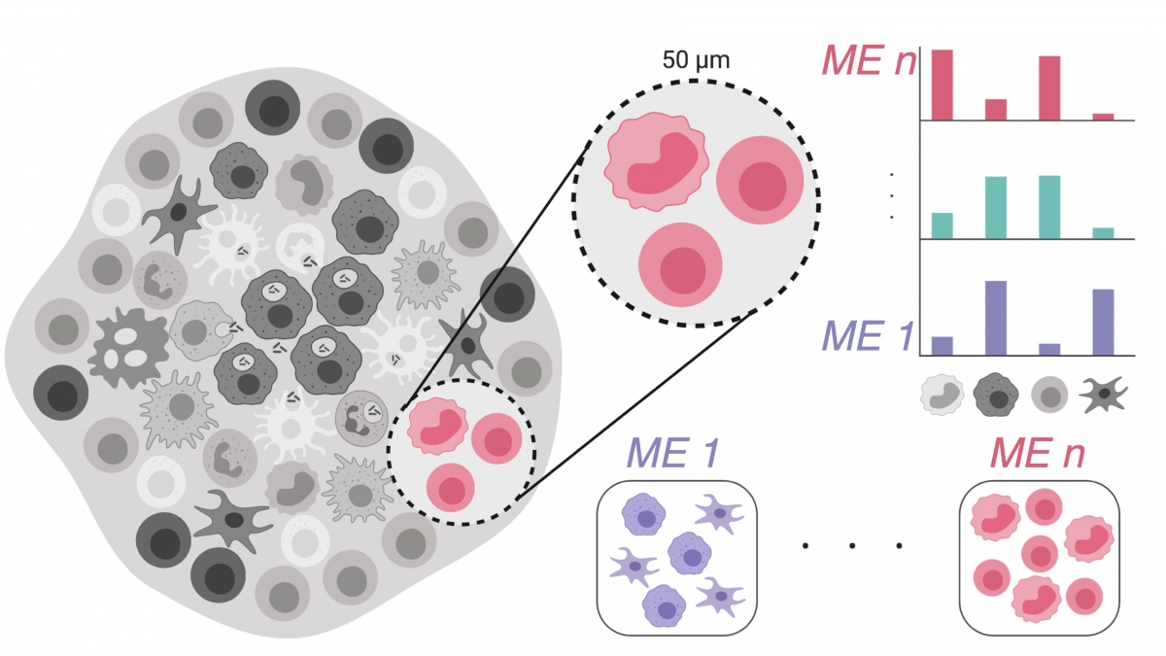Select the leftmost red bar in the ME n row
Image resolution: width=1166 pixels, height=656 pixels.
[x=942, y=85]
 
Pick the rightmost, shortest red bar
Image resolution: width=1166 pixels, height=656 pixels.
[x=1103, y=117]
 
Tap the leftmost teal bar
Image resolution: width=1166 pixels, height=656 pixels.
[x=942, y=224]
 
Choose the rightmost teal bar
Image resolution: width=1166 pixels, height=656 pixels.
[x=1103, y=232]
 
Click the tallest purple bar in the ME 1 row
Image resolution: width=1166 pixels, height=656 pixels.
[x=996, y=317]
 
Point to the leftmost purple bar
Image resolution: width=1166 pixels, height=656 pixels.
[x=942, y=345]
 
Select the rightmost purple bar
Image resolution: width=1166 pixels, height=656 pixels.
[x=1103, y=322]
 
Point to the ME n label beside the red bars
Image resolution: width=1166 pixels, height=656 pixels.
[x=868, y=60]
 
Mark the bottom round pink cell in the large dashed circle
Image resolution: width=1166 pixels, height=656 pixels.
[x=681, y=266]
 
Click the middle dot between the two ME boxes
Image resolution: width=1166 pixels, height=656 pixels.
[x=851, y=546]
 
